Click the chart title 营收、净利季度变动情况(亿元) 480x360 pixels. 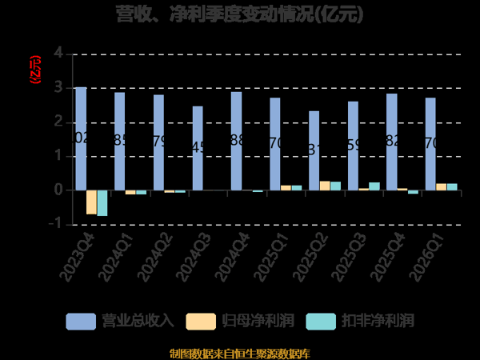[x=239, y=14]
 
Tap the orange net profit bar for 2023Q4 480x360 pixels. [x=91, y=202]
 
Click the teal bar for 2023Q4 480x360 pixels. [x=102, y=203]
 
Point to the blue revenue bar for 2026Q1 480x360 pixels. [x=430, y=144]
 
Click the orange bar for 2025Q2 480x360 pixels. [x=325, y=186]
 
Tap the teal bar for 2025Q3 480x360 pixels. [x=374, y=186]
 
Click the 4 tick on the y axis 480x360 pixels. [x=58, y=53]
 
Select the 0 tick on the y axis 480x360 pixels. [x=58, y=190]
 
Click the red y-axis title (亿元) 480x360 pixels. [x=34, y=70]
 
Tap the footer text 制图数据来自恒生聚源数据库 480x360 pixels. [x=239, y=353]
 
